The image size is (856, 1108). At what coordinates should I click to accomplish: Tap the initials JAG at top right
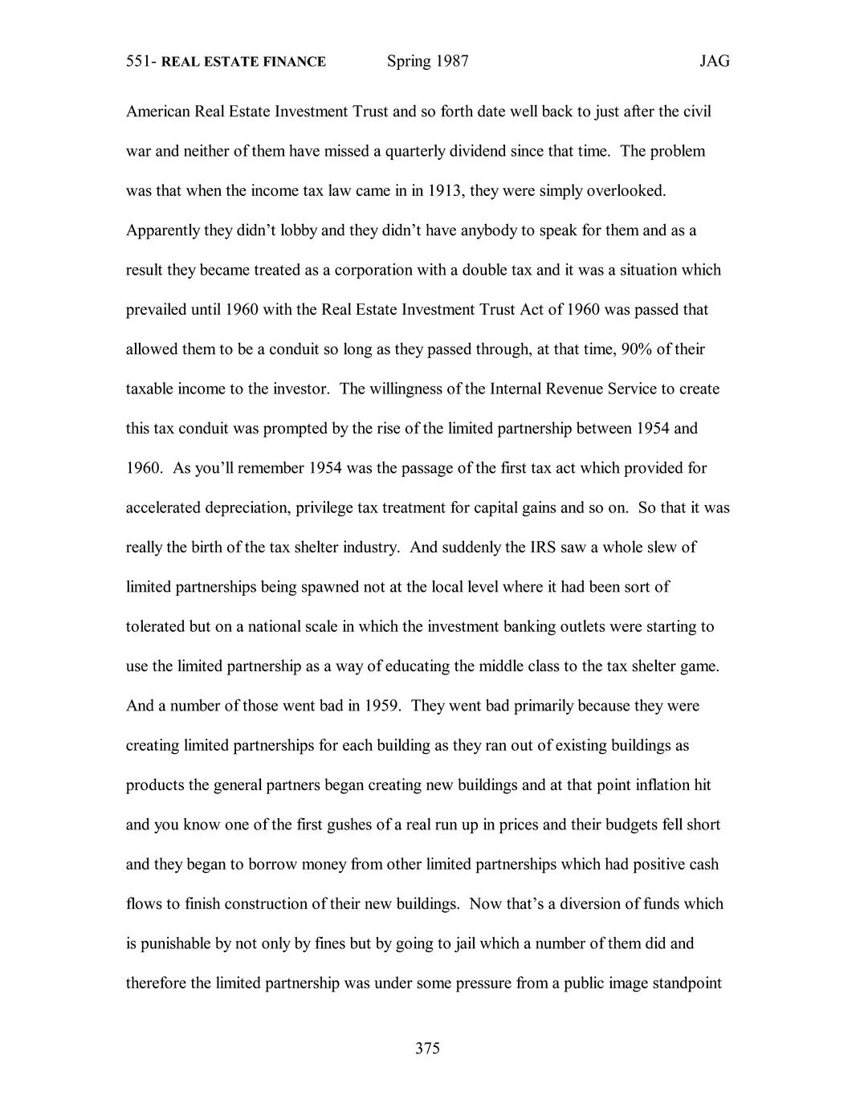point(714,62)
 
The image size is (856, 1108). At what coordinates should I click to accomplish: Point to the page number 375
point(428,1048)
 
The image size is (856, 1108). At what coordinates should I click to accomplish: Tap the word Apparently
point(163,231)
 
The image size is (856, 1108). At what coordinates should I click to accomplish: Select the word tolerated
point(156,626)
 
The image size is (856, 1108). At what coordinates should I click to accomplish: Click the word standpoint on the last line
point(689,984)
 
